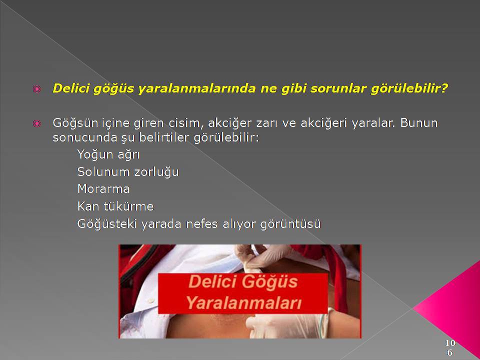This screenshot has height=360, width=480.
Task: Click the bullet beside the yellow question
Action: click(x=36, y=89)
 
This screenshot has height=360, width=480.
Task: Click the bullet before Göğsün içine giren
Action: click(x=36, y=123)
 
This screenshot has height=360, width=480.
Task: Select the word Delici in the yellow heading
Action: click(x=71, y=88)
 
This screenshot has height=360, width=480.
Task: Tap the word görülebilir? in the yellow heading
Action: click(x=409, y=88)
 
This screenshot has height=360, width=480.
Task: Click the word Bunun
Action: click(x=419, y=123)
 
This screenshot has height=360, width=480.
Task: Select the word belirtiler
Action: click(x=164, y=137)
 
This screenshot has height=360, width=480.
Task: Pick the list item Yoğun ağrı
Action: click(x=108, y=154)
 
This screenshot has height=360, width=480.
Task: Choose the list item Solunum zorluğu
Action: click(x=128, y=171)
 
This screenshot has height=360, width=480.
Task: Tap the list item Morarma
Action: click(x=103, y=189)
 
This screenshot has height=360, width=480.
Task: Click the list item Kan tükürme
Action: click(x=115, y=206)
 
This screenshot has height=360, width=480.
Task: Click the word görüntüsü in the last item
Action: click(x=290, y=224)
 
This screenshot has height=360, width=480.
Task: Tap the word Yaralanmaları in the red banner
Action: click(x=243, y=302)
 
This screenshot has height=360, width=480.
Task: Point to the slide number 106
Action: click(x=450, y=347)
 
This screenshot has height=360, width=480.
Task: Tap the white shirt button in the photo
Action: click(x=150, y=301)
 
